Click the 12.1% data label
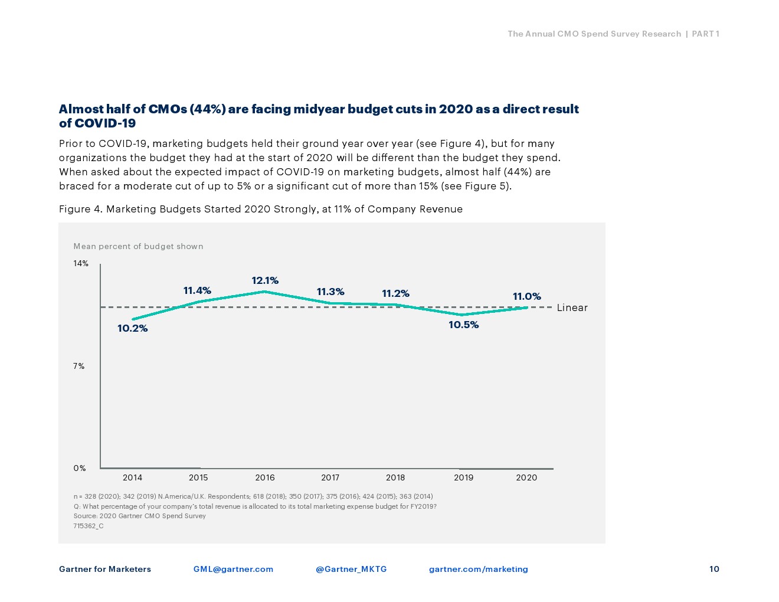pyautogui.click(x=265, y=280)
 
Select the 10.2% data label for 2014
pyautogui.click(x=133, y=328)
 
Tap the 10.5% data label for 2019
pyautogui.click(x=463, y=325)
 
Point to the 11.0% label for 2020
pyautogui.click(x=526, y=296)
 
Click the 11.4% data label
pyautogui.click(x=197, y=290)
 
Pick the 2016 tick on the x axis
pyautogui.click(x=265, y=477)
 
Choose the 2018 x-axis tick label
pyautogui.click(x=395, y=477)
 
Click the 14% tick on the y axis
pyautogui.click(x=81, y=263)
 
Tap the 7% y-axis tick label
pyautogui.click(x=79, y=366)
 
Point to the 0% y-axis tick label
pyautogui.click(x=80, y=468)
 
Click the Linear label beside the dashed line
pyautogui.click(x=572, y=307)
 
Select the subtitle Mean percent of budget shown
pyautogui.click(x=138, y=246)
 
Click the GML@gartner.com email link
pyautogui.click(x=233, y=569)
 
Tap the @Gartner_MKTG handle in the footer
pyautogui.click(x=351, y=569)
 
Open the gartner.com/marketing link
pyautogui.click(x=478, y=569)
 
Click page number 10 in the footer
pyautogui.click(x=714, y=569)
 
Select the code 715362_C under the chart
pyautogui.click(x=89, y=526)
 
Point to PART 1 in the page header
pyautogui.click(x=705, y=34)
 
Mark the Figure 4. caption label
pyautogui.click(x=81, y=209)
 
